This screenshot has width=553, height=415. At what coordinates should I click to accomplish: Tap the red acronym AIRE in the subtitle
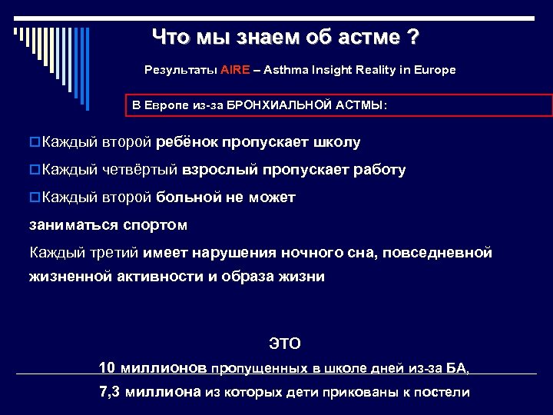point(234,70)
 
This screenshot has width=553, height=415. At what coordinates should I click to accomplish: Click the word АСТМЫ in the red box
point(361,105)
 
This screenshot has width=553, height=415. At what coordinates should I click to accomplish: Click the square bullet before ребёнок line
point(35,143)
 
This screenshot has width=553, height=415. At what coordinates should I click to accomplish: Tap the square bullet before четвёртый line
point(35,170)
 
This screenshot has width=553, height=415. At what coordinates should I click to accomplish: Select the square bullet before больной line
point(35,198)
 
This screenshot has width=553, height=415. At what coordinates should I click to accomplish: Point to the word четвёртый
point(140,170)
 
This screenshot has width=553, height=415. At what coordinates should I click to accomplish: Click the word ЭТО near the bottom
point(284,343)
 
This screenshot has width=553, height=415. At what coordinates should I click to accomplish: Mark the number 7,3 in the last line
point(111,391)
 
